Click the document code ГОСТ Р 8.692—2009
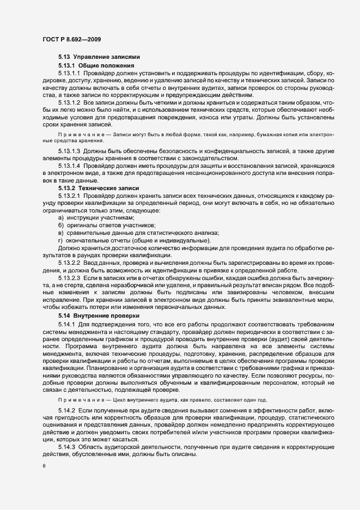coord(71,39)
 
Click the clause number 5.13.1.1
coord(69,72)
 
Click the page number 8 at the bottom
coord(44,467)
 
